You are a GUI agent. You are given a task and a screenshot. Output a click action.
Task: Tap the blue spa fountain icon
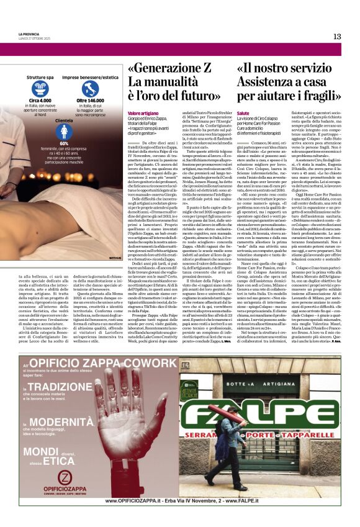(40, 89)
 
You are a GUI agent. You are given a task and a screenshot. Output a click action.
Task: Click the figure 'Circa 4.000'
(40, 101)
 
